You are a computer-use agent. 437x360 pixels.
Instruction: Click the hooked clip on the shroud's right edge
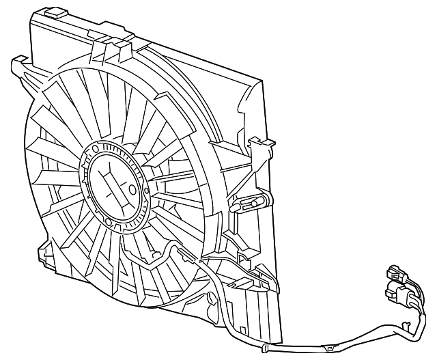pos(262,146)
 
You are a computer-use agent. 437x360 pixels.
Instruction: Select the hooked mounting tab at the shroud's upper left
pos(18,66)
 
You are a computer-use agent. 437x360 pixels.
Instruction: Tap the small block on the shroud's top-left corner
pos(51,12)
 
